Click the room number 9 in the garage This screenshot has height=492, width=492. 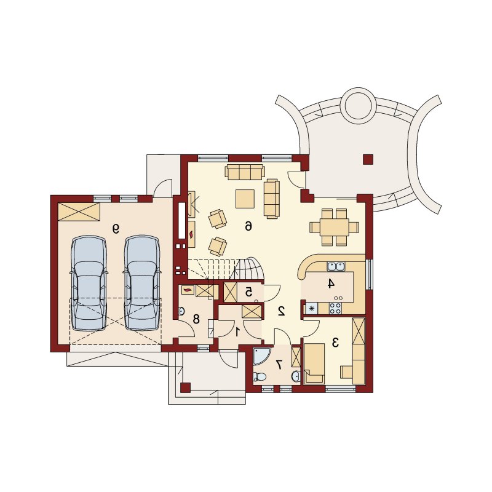(x=116, y=229)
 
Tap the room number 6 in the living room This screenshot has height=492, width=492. (x=248, y=226)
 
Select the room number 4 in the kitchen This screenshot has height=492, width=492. (x=330, y=284)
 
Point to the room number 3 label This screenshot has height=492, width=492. (x=335, y=343)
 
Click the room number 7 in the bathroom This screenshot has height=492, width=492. (x=279, y=364)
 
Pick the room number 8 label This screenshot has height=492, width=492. (x=196, y=319)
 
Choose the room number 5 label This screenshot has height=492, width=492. (x=248, y=293)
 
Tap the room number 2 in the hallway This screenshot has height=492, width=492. (x=281, y=311)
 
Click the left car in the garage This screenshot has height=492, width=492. (x=89, y=283)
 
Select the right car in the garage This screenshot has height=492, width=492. (x=141, y=283)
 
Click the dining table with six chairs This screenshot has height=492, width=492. (x=335, y=226)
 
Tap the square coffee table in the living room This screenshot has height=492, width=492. (x=245, y=199)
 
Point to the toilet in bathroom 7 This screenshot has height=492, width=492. (x=259, y=376)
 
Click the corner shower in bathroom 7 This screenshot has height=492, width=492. (x=260, y=355)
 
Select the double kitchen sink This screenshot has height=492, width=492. (x=336, y=267)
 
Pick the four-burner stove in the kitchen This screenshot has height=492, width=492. (x=335, y=308)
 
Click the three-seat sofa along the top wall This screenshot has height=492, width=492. (x=245, y=172)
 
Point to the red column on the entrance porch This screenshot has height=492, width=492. (x=186, y=388)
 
